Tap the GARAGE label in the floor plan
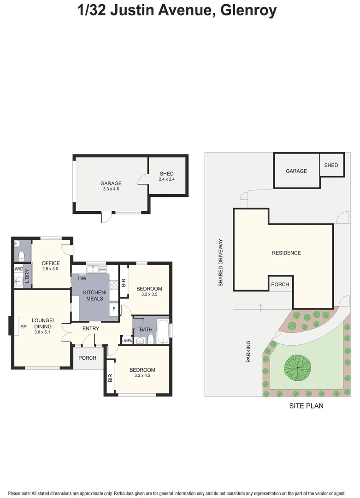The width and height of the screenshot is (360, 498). click(x=111, y=183)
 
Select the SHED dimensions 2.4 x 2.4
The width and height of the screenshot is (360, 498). click(x=166, y=179)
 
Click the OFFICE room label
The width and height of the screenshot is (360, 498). click(x=51, y=263)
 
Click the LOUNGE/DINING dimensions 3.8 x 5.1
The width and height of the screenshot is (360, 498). click(x=43, y=331)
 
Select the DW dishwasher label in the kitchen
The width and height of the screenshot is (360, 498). click(x=82, y=279)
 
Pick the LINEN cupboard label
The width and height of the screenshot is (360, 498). click(x=127, y=341)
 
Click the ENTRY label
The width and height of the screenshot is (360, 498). click(x=91, y=328)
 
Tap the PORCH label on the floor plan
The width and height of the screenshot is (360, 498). click(x=88, y=358)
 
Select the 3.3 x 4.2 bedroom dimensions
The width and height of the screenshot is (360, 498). click(x=142, y=376)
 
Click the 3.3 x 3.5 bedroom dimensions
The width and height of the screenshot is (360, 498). click(x=149, y=295)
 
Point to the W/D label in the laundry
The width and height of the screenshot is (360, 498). click(x=19, y=269)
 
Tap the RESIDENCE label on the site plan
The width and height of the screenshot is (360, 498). click(x=286, y=253)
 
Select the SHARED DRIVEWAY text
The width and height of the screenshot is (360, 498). click(x=221, y=263)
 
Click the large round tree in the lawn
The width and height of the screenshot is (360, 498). click(x=297, y=368)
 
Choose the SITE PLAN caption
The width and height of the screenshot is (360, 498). click(x=306, y=406)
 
